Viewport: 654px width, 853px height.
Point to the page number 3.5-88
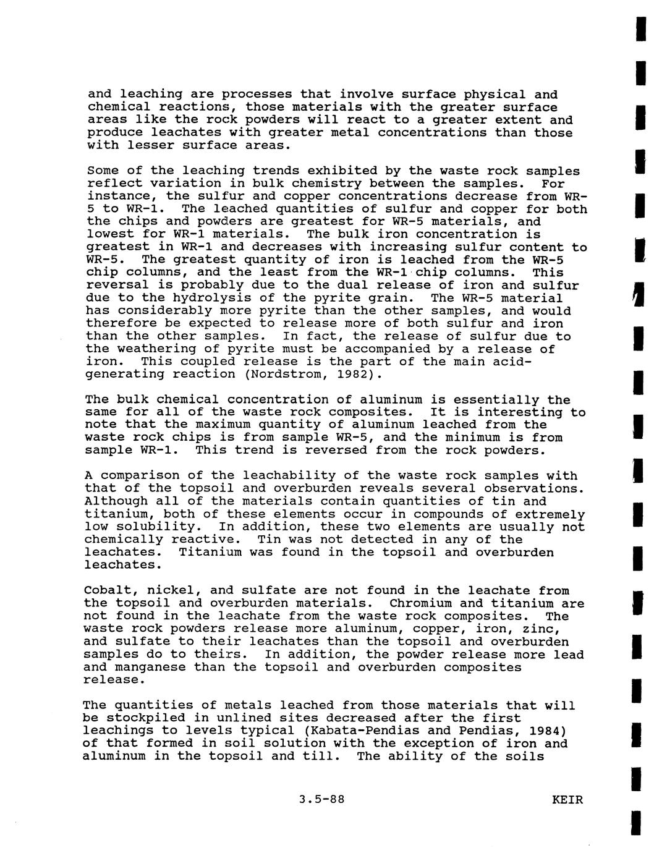point(321,799)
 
